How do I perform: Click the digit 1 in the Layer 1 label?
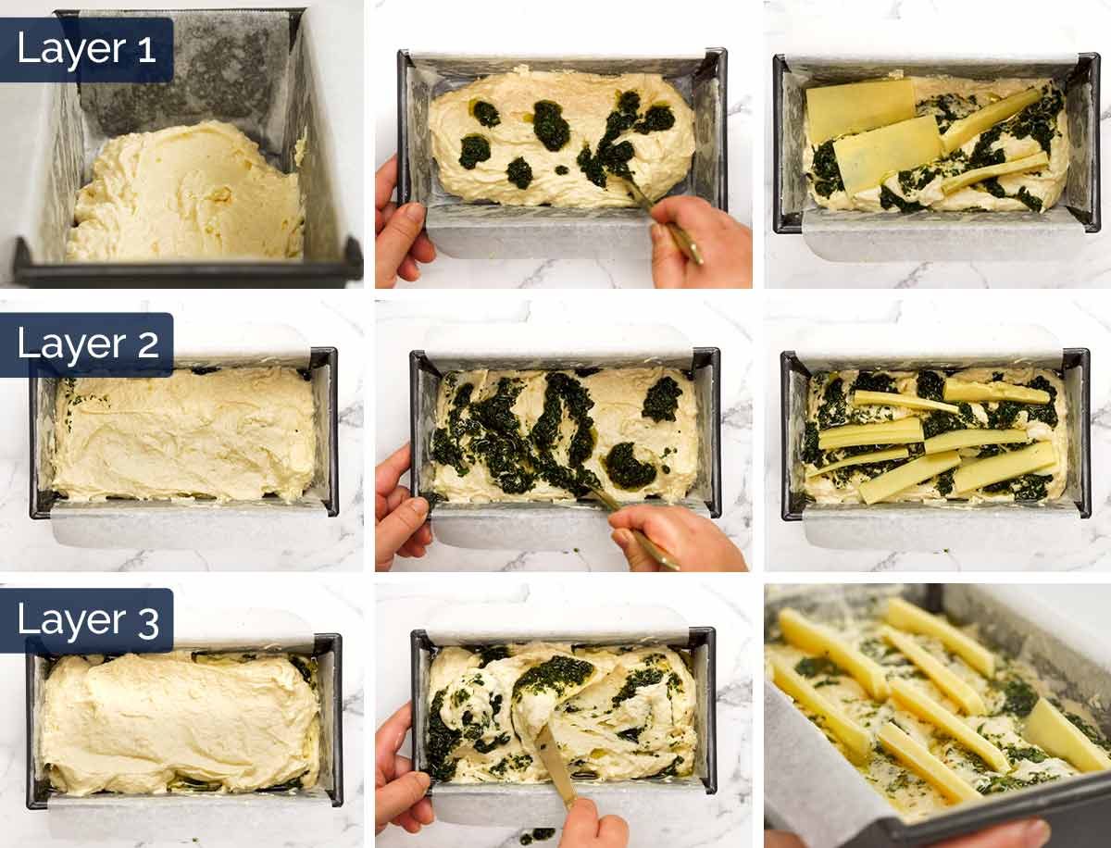click(x=147, y=51)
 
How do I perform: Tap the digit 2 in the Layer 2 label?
click(x=148, y=346)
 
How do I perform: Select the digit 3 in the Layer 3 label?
click(x=148, y=622)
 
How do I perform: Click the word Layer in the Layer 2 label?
click(x=71, y=345)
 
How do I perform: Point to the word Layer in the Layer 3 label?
click(x=71, y=621)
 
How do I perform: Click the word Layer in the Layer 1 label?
click(x=71, y=50)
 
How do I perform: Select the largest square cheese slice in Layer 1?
click(x=860, y=108)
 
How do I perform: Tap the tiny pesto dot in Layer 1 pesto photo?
click(x=561, y=169)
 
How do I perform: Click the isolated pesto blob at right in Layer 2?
click(x=663, y=400)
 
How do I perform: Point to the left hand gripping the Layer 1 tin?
click(x=403, y=222)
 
